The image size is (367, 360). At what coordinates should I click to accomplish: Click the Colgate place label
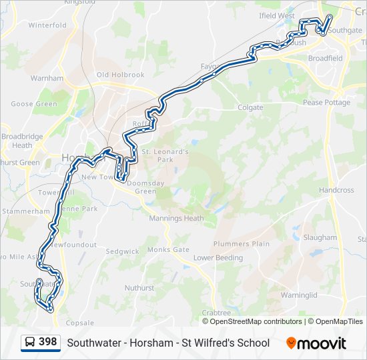[250, 107]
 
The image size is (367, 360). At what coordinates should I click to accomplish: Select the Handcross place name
[336, 190]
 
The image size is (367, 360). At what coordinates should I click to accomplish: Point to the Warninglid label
[299, 295]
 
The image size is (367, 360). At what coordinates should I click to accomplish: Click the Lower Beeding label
[218, 257]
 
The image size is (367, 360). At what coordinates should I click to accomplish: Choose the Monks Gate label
[168, 249]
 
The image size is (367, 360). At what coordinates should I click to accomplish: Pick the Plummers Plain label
[242, 243]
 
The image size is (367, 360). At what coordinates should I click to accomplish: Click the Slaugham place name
[320, 237]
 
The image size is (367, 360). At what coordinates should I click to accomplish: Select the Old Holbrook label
[120, 75]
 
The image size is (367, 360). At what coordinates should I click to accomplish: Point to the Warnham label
[47, 78]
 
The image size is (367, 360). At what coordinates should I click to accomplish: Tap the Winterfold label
[47, 25]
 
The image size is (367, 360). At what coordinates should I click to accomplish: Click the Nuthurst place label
[139, 288]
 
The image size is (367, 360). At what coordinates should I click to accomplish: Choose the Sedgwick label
[122, 251]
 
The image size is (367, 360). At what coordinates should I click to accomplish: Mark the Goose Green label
[34, 104]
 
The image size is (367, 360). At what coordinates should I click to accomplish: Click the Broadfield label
[325, 58]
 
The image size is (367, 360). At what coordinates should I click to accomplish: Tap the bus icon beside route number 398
[30, 343]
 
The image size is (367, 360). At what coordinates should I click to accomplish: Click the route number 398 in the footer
[47, 342]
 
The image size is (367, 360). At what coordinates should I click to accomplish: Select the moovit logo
[316, 343]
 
